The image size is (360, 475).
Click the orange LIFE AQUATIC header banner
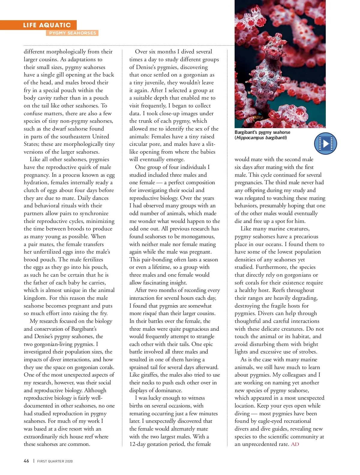[47, 25]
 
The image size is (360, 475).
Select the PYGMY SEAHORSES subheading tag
[72, 33]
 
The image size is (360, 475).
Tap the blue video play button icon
[325, 143]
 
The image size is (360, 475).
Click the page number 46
[26, 461]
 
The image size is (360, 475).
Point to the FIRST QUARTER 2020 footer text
[55, 461]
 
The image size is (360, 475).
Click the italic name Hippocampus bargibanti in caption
[261, 138]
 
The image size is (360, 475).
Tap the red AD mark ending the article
[295, 444]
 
